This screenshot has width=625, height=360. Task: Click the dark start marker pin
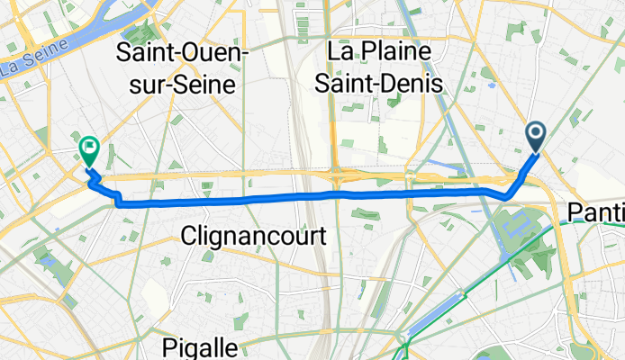click(535, 136)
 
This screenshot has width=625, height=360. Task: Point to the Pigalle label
click(201, 347)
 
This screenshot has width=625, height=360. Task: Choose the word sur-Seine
click(184, 85)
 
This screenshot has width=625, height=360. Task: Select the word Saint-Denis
click(388, 84)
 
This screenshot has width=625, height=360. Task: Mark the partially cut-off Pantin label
click(596, 212)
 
